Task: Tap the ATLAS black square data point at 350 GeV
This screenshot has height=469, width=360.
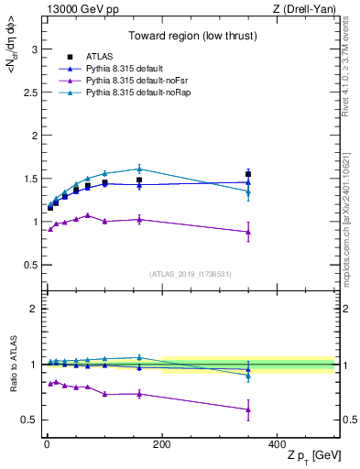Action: [x=248, y=174]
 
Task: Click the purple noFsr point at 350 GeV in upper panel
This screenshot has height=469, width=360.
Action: [x=248, y=232]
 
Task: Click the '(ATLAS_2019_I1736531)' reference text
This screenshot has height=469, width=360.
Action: [x=190, y=273]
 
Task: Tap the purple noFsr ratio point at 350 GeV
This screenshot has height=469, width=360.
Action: [x=248, y=409]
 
